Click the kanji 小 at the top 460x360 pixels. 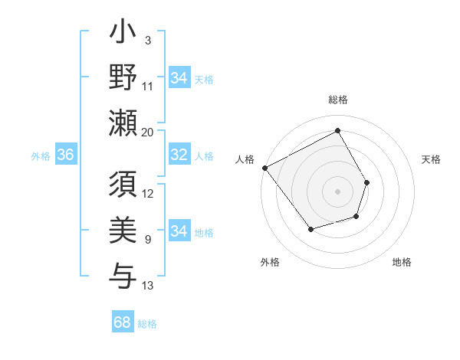click(x=123, y=35)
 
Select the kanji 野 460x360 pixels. click(x=123, y=79)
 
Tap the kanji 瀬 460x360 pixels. click(x=123, y=123)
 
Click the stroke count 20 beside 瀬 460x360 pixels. click(x=148, y=132)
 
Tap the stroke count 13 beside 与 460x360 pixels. click(x=148, y=286)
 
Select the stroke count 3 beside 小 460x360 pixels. click(x=147, y=39)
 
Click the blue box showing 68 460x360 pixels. click(x=123, y=322)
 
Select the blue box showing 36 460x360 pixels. click(x=65, y=155)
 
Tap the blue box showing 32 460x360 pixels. click(x=179, y=155)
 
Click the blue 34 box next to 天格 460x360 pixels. click(x=179, y=78)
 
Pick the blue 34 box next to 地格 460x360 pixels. click(x=179, y=231)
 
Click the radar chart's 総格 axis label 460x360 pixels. click(x=337, y=100)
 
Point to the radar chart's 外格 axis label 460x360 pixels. click(x=270, y=262)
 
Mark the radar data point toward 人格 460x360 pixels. click(x=264, y=168)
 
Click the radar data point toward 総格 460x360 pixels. click(x=337, y=131)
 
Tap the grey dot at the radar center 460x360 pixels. click(x=337, y=191)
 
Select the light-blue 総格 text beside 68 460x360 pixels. click(x=147, y=324)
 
